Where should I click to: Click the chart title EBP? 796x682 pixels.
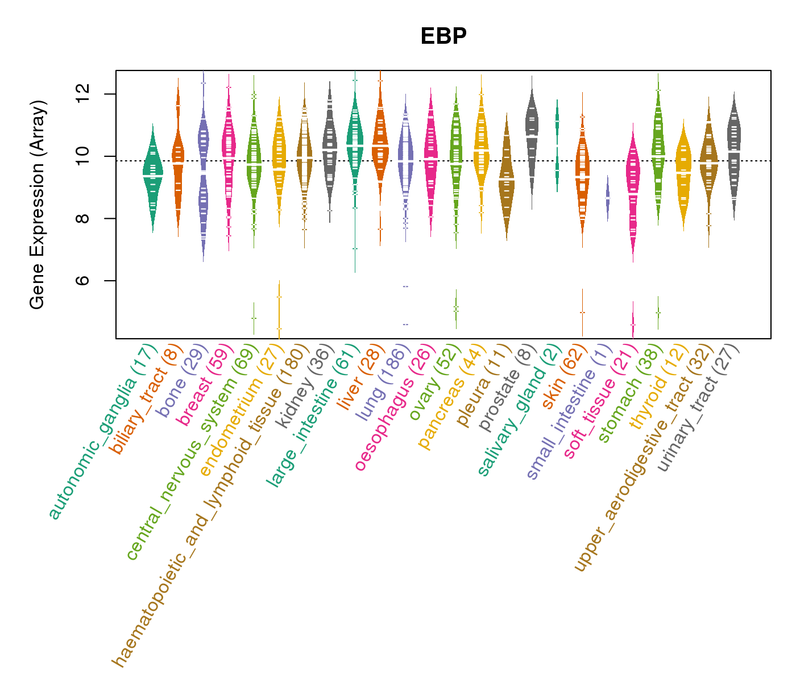coord(443,36)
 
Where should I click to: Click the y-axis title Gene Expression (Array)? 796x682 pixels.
coord(38,205)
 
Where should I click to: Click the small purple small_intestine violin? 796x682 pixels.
coord(607,198)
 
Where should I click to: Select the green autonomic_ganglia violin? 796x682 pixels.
coord(152,176)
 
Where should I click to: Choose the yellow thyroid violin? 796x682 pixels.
coord(683,170)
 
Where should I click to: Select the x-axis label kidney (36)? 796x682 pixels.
coord(301,386)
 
